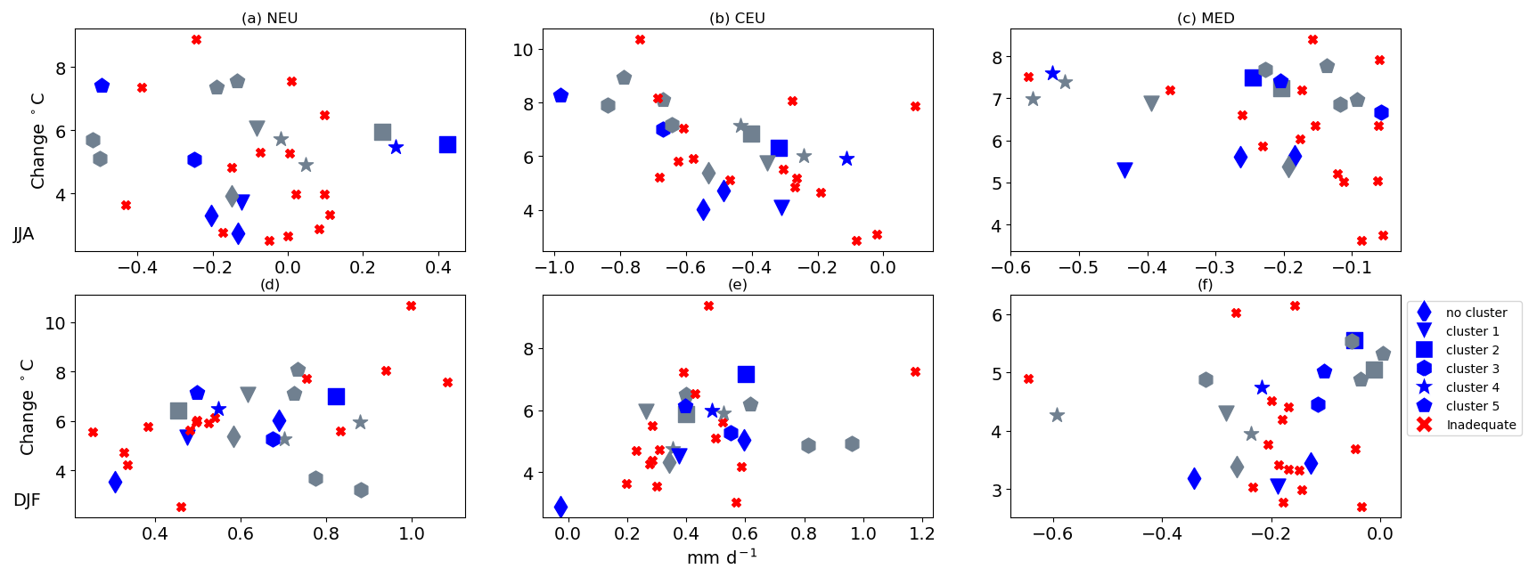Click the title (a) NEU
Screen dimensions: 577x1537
point(269,19)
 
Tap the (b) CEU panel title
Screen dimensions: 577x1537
point(737,19)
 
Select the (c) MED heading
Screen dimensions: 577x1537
point(1206,19)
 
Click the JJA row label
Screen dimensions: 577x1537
point(24,234)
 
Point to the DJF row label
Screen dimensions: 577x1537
point(27,500)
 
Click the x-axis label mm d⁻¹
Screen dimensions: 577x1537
point(722,558)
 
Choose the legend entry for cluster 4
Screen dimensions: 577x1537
point(1472,387)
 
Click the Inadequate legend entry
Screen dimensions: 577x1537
point(1480,425)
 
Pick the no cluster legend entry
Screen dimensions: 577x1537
point(1476,313)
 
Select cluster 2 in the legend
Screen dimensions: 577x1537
point(1472,350)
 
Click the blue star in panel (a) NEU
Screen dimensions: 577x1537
point(396,147)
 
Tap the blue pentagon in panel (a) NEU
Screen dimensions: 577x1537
point(102,85)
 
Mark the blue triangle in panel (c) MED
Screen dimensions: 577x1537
point(1124,170)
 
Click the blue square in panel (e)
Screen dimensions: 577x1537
point(746,374)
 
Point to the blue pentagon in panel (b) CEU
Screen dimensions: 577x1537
point(560,95)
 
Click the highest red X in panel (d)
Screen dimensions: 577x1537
point(411,305)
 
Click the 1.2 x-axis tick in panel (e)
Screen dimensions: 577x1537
point(922,533)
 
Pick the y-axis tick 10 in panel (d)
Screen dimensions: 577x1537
point(55,323)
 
